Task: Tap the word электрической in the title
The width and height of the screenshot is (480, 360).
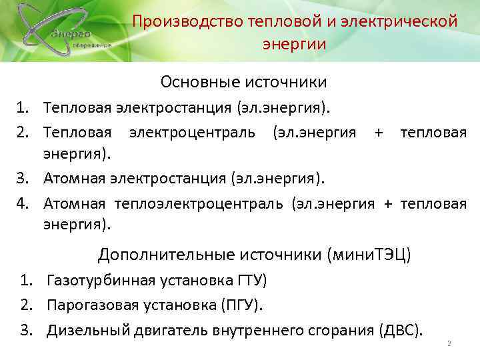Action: [x=398, y=21]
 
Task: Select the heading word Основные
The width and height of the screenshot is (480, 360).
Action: [x=202, y=82]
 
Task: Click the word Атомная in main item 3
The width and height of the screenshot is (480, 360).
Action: [x=76, y=178]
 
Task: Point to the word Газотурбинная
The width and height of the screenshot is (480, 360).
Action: [x=97, y=280]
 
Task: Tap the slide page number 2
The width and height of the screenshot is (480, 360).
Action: [x=449, y=344]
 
